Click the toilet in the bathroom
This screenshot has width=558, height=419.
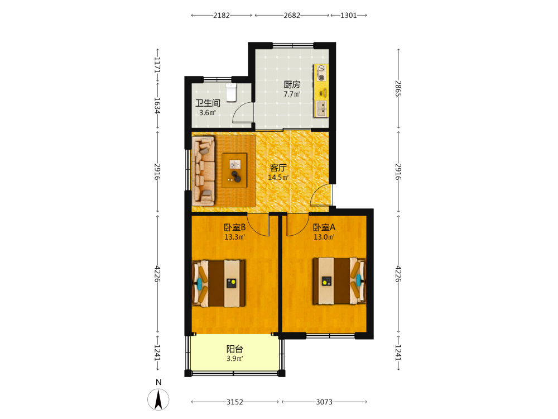coord(232,92)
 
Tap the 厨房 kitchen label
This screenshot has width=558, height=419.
coord(291,84)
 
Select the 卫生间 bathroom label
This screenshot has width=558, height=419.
coord(208,103)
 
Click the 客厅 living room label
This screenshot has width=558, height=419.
coord(278,168)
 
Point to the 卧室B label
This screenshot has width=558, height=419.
coord(235,227)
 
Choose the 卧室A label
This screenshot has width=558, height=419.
coord(324,227)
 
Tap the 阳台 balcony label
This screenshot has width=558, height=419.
coord(235,349)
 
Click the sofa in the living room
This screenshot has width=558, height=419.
coord(204,171)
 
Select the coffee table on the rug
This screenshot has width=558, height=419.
coord(234,170)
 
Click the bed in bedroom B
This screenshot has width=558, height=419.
coord(219,283)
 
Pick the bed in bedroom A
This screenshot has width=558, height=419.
coord(339,281)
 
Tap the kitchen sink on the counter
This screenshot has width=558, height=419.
coord(321,108)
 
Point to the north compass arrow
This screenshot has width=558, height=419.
coord(158,399)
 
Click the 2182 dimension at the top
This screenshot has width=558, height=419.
coord(222,15)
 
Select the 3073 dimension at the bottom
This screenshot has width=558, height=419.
coord(324,402)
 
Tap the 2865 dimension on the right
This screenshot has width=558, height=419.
coord(398,88)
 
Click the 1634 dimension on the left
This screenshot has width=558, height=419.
coord(157,106)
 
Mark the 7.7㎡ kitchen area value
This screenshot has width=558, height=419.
coord(291,94)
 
